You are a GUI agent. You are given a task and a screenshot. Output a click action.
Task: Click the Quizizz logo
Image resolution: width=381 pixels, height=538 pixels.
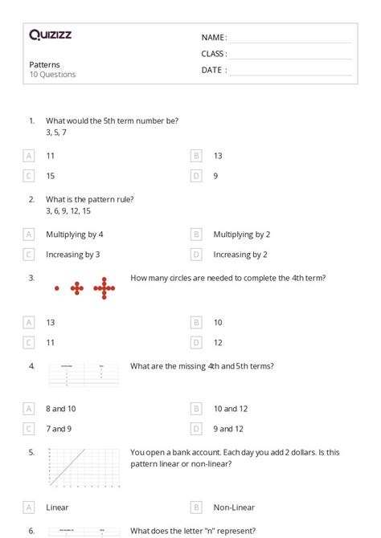[x=50, y=35]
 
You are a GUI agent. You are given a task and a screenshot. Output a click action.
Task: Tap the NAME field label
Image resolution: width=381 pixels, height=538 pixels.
[x=214, y=38]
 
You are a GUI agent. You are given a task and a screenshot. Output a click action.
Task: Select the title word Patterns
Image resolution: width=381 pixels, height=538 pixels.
[x=45, y=64]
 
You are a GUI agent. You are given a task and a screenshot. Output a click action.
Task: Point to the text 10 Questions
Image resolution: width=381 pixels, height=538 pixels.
[x=53, y=75]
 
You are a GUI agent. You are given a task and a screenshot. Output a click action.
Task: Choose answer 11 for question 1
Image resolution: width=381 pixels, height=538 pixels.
[x=51, y=156]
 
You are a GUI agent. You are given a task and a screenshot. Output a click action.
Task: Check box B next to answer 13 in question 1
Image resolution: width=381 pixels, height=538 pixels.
[x=196, y=156]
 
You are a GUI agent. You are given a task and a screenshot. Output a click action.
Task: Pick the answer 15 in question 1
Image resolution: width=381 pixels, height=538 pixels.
[x=51, y=176]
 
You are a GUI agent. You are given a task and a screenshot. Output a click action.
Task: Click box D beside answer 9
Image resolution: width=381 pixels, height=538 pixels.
[x=196, y=176]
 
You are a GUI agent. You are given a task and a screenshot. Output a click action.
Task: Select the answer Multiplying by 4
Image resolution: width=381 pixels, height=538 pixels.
[x=75, y=234]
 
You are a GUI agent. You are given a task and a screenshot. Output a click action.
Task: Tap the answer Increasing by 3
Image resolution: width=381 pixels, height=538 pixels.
[x=73, y=255]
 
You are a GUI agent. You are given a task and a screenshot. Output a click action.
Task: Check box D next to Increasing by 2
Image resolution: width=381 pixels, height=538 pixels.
[x=196, y=255]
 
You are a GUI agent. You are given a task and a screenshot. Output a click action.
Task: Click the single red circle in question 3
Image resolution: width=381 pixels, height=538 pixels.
[x=57, y=287]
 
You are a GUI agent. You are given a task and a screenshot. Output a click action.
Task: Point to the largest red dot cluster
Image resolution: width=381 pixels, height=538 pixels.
[x=104, y=287]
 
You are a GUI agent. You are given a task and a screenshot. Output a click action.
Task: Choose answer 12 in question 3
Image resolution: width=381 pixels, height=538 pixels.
[x=218, y=342]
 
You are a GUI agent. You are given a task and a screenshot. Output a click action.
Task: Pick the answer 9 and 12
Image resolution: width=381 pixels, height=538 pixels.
[x=228, y=429]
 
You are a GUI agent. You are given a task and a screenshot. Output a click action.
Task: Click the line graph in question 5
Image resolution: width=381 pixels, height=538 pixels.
[x=84, y=467]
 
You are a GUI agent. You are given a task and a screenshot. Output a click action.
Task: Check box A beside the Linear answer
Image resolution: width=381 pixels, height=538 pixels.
[x=29, y=507]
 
